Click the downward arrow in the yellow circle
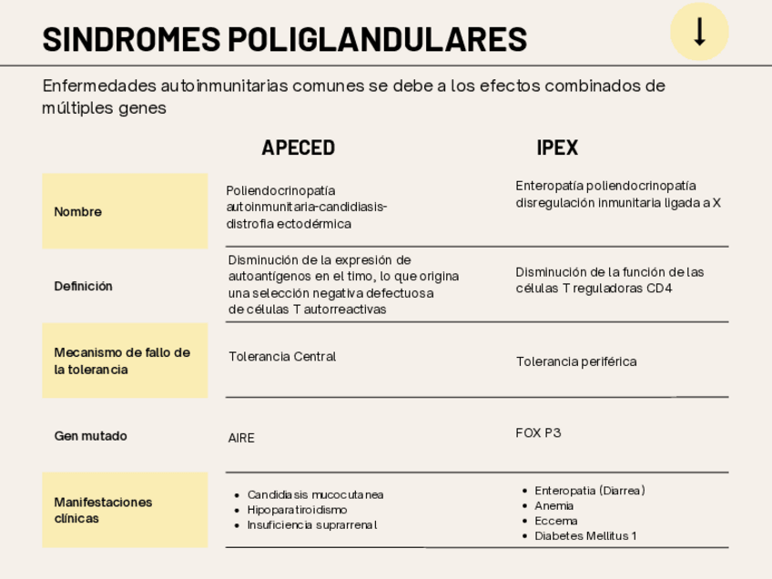[699, 32]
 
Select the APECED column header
[298, 147]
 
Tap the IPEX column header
[557, 147]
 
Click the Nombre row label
[78, 212]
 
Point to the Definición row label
[84, 286]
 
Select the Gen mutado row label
[91, 436]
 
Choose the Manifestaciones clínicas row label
[104, 510]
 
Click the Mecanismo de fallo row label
[122, 361]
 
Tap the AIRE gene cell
[241, 438]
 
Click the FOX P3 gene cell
[538, 432]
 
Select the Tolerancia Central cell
[282, 357]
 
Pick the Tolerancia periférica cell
[576, 361]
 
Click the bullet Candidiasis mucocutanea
[315, 494]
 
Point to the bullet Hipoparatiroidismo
[297, 510]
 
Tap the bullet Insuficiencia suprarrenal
[311, 525]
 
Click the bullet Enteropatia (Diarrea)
[589, 491]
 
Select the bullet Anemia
[554, 505]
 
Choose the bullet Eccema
[555, 521]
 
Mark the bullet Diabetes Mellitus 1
[585, 535]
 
